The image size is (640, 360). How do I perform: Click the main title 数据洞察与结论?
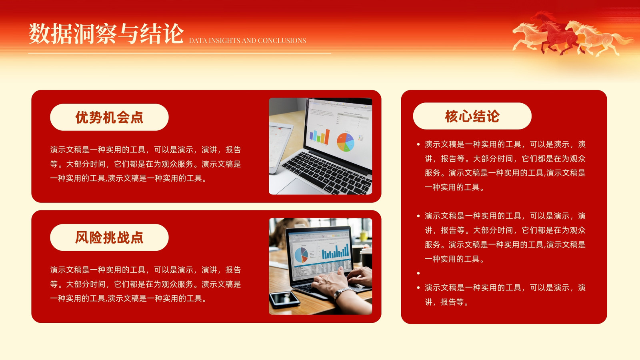[106, 34]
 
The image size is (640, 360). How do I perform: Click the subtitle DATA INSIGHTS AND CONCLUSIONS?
[248, 40]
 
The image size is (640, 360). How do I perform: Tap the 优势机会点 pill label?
[109, 117]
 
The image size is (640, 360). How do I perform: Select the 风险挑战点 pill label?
[109, 238]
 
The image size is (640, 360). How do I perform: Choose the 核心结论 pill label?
[472, 116]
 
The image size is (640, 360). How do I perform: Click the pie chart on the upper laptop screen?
[346, 142]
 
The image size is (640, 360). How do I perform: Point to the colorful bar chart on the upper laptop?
[320, 136]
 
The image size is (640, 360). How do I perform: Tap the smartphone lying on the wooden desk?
[284, 300]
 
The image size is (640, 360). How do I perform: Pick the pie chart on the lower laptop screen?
[301, 255]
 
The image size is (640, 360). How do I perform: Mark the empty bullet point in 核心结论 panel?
[418, 273]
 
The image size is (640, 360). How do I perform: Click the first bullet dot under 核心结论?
[418, 144]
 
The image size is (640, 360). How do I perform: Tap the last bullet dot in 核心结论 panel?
[418, 288]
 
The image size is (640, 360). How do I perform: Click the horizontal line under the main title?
[180, 54]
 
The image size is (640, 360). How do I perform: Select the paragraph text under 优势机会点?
[146, 164]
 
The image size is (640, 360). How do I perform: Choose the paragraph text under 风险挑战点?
[146, 284]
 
